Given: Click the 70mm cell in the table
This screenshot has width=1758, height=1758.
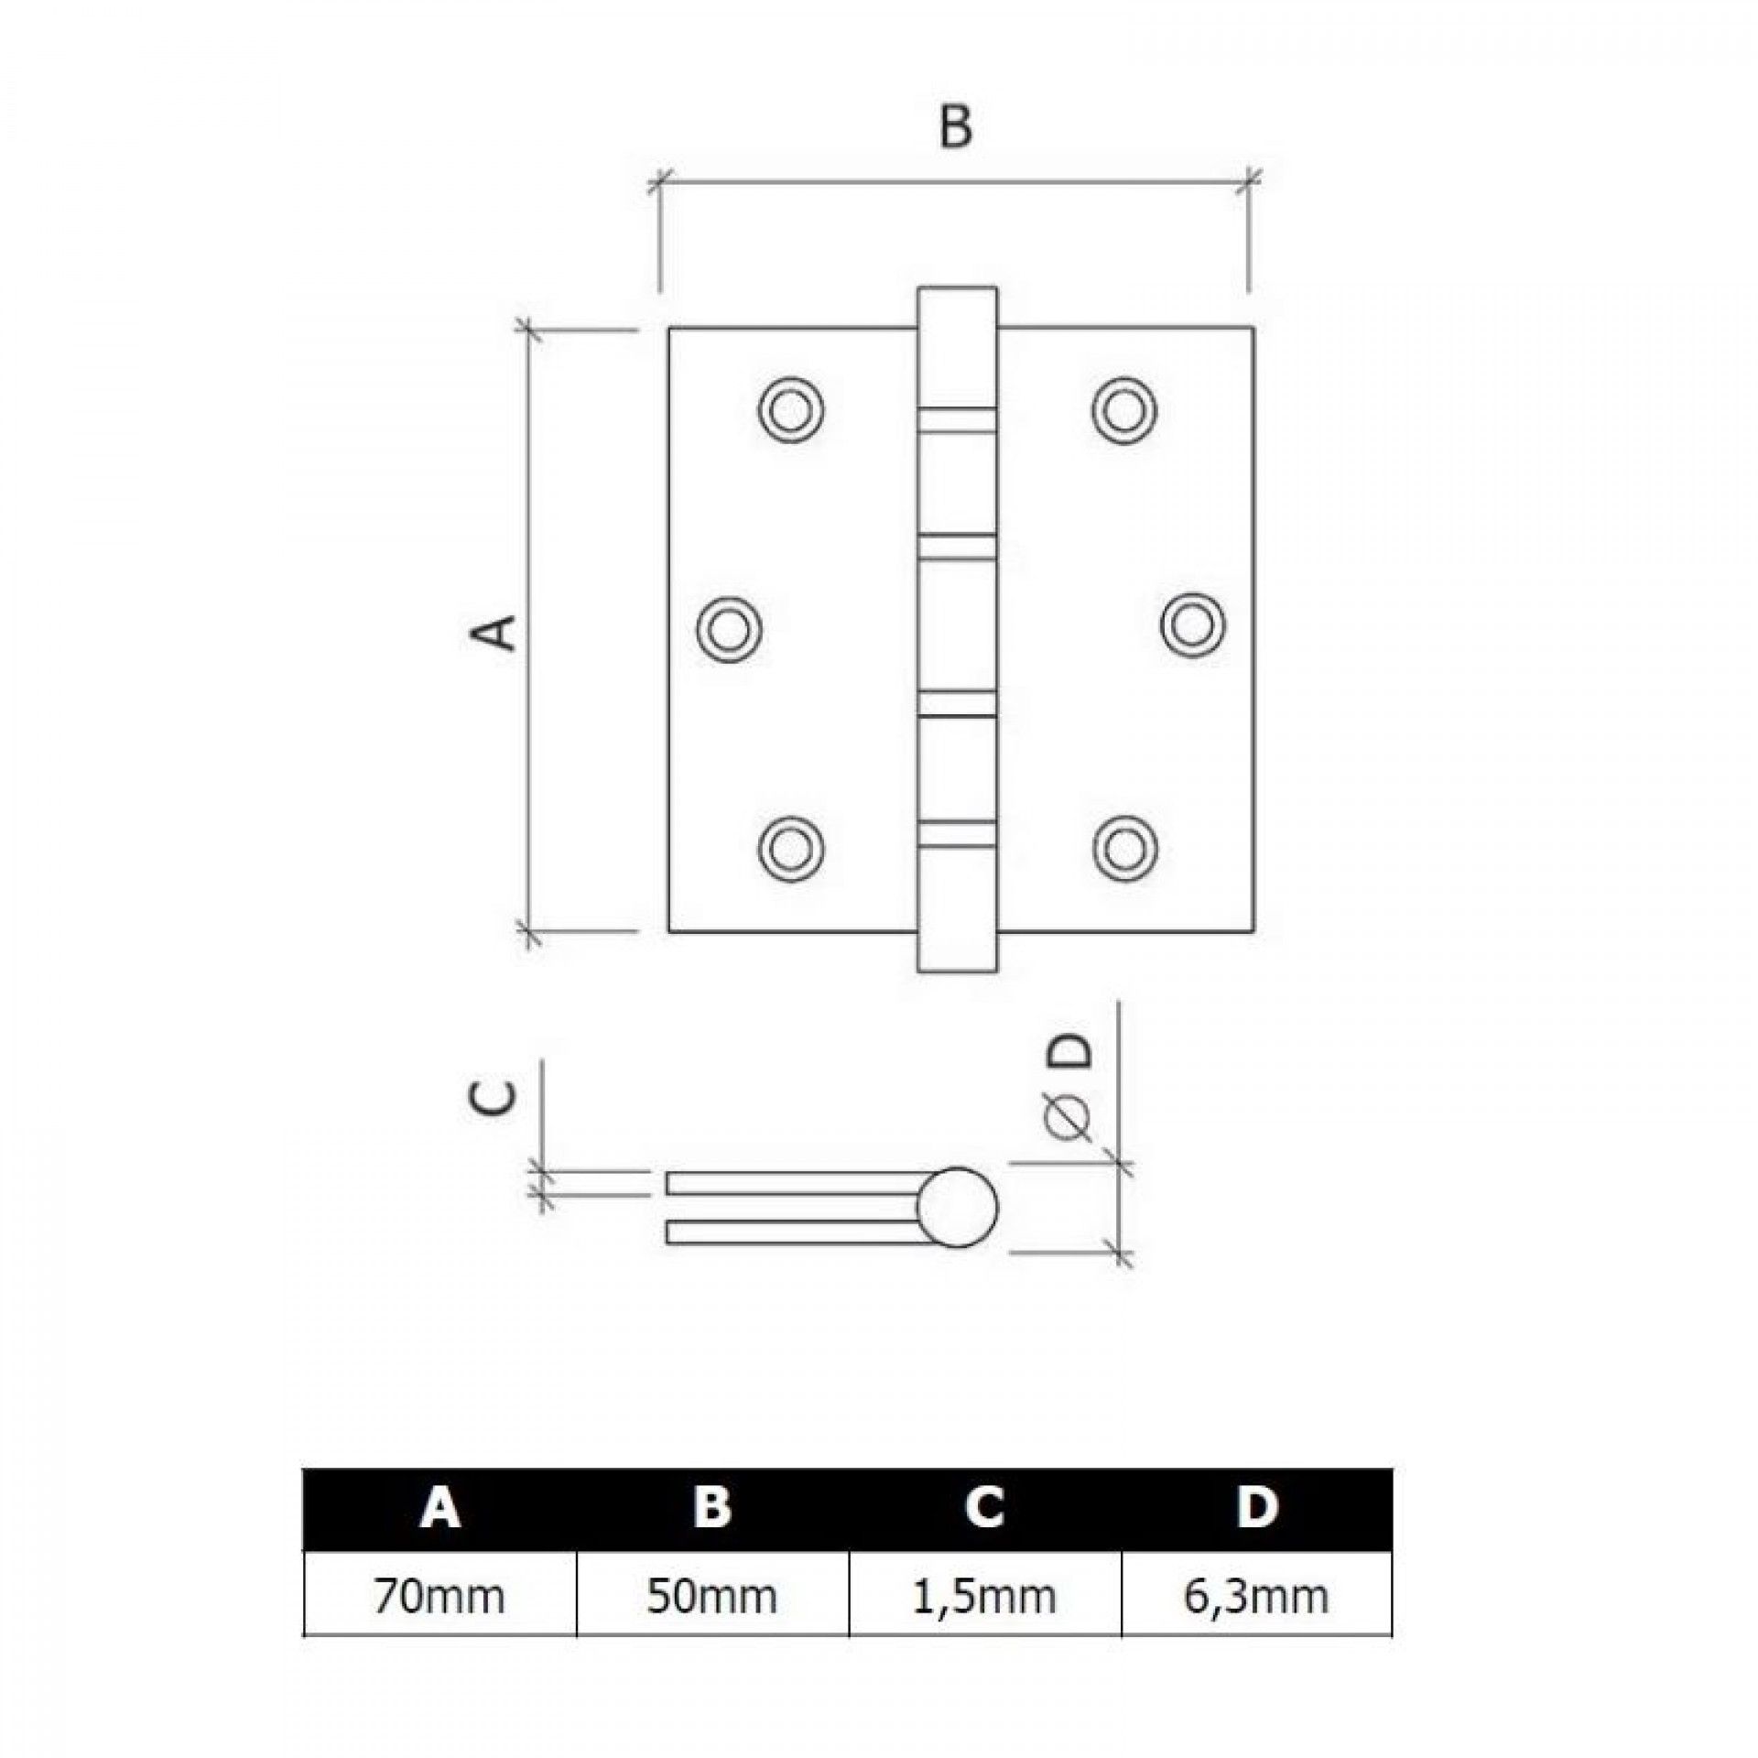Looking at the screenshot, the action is coord(439,1596).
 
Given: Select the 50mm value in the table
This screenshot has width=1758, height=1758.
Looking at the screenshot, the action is coord(711,1596).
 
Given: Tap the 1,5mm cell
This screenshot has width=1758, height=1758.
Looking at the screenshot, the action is coord(984,1597).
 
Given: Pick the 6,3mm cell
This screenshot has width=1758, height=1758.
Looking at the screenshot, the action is coord(1255,1597).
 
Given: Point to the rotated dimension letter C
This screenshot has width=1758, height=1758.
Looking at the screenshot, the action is coord(497,1098).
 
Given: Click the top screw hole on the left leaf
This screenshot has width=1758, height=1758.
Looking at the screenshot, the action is coord(790,408).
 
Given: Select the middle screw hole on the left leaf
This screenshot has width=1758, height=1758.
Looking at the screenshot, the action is coord(729,627).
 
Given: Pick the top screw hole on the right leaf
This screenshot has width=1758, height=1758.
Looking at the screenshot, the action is coord(1123,408).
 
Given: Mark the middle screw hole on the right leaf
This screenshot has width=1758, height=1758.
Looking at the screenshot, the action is coord(1193,624).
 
